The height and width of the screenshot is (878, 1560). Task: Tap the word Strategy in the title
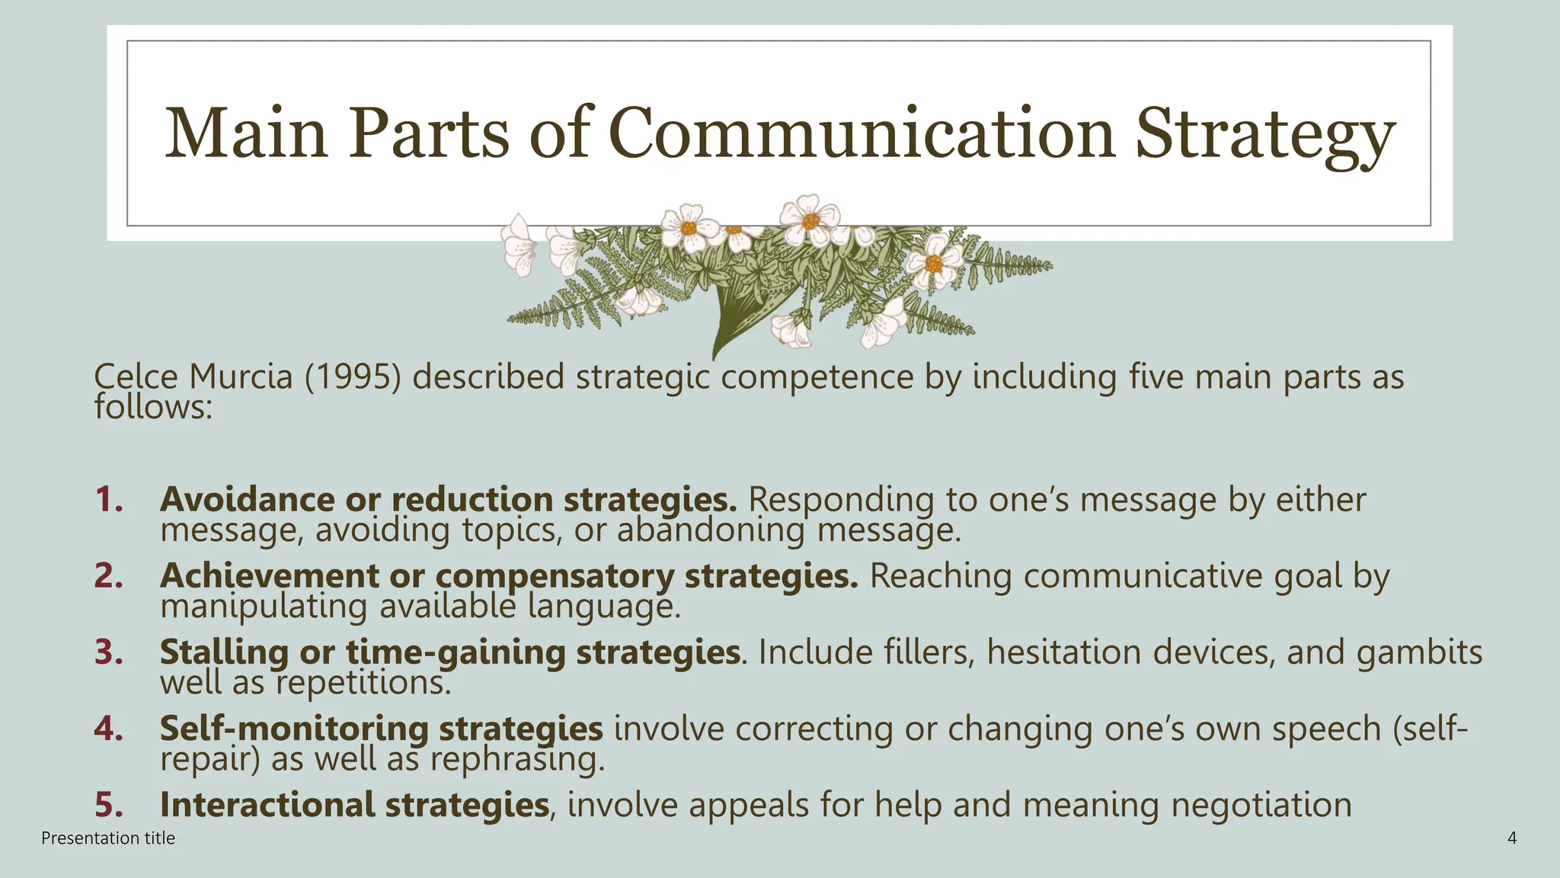1264,136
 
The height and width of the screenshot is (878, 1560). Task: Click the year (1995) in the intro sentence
353,377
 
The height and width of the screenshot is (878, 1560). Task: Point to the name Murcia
241,377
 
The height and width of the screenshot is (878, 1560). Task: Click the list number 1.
109,500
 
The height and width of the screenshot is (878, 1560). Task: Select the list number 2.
109,576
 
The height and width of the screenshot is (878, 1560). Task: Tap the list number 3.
109,652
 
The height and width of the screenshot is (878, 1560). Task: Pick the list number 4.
109,729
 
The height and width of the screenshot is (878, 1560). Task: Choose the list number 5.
109,805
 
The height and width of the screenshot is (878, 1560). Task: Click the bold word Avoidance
247,500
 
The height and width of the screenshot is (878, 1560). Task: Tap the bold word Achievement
268,576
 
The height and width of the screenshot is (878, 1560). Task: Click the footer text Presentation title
108,838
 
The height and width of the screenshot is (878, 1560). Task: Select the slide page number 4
1512,838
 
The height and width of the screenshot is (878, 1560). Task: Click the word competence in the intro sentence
817,377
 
